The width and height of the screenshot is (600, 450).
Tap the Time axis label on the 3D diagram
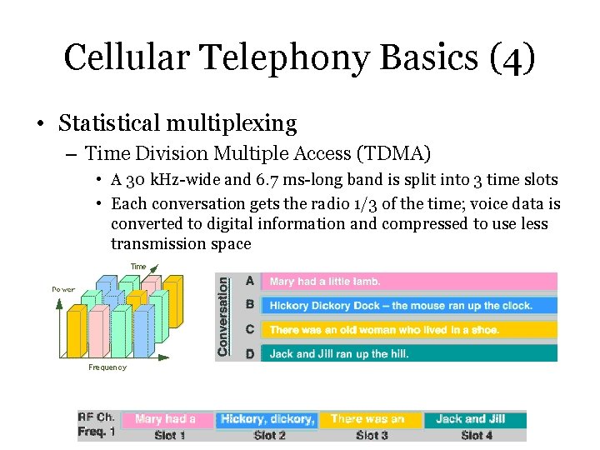tap(138, 267)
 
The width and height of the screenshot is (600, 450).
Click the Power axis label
tap(63, 290)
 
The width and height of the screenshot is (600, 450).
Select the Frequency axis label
tap(107, 367)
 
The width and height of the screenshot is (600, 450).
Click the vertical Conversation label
tap(223, 317)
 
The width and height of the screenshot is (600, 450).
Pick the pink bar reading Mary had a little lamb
tap(408, 282)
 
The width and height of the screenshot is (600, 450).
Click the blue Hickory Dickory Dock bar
tap(408, 306)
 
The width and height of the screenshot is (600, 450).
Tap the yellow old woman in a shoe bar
tap(408, 330)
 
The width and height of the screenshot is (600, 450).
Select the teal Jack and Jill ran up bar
tap(408, 353)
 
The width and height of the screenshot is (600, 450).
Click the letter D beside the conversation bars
tap(250, 353)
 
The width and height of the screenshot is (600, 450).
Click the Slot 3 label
tap(372, 434)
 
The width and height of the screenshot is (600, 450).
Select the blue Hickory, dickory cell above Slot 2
tap(267, 419)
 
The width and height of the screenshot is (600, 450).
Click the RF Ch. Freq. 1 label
tap(97, 425)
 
